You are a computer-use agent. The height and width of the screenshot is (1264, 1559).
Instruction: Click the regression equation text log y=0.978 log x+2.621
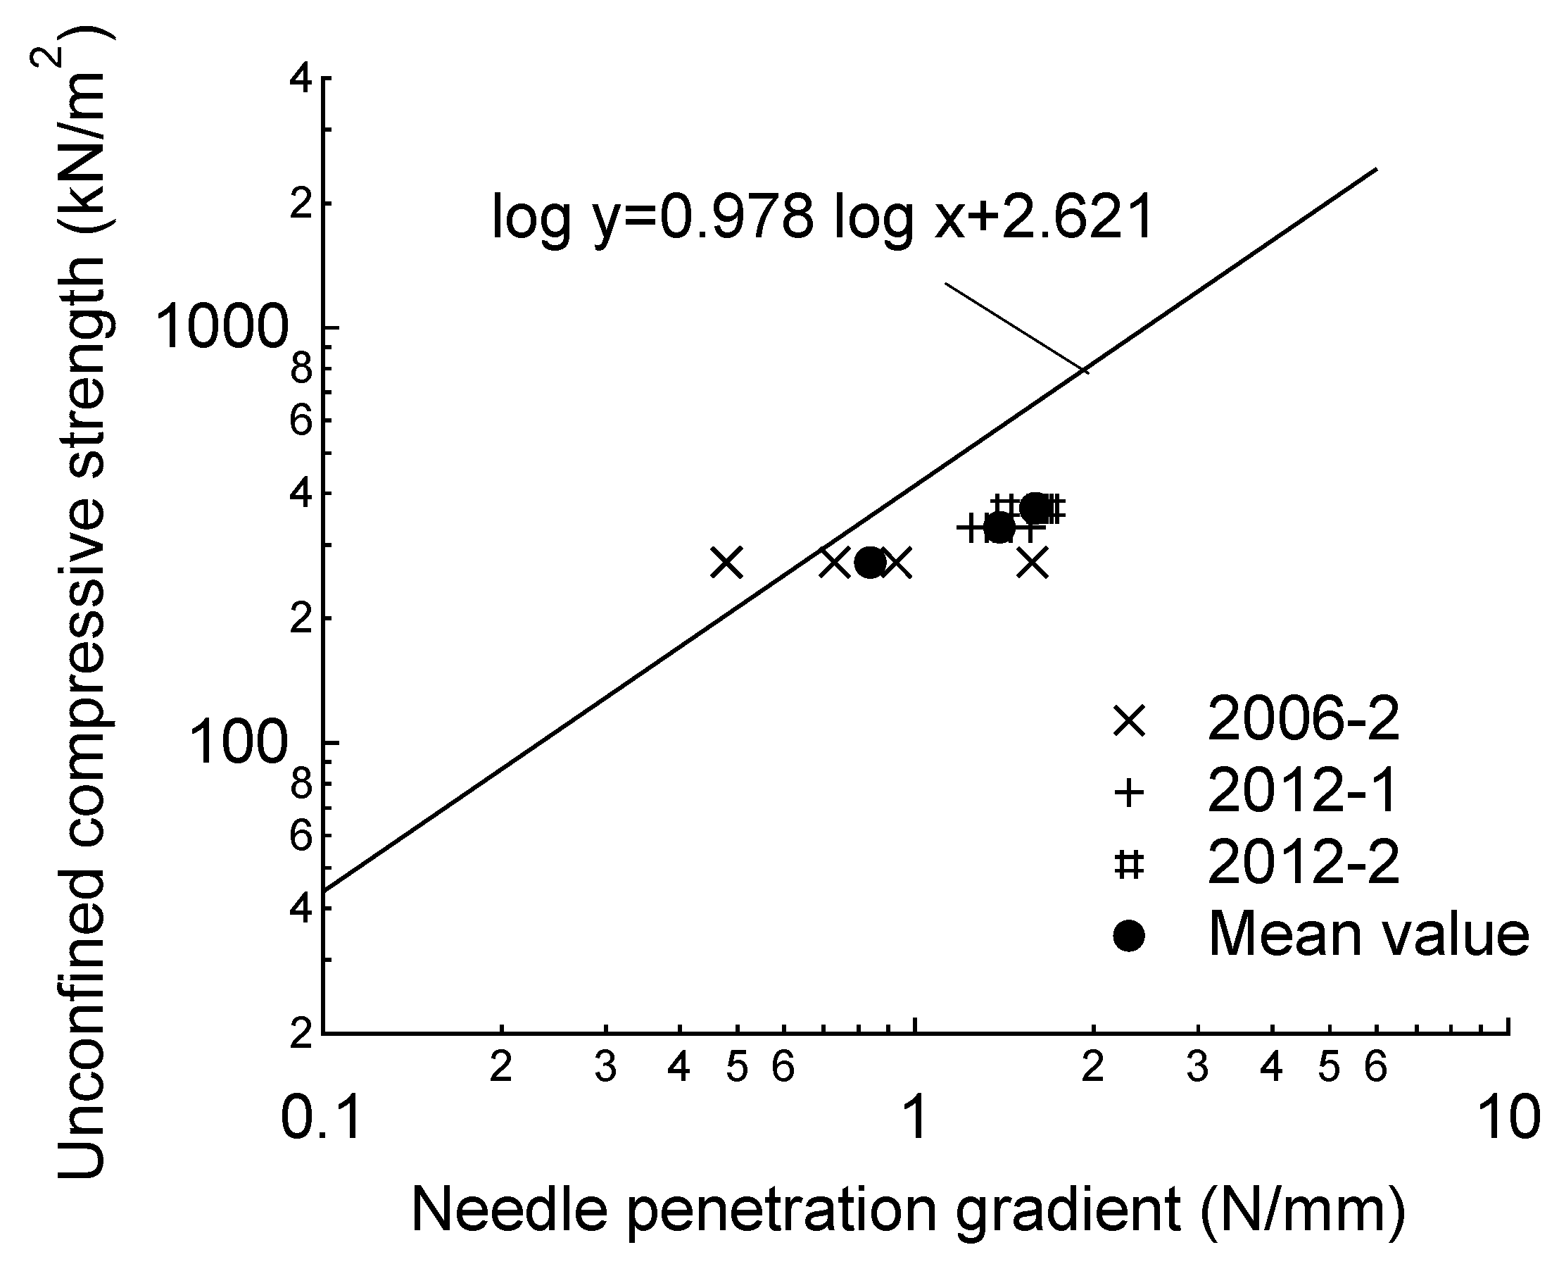[823, 217]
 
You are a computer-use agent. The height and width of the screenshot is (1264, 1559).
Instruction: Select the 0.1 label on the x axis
[321, 1118]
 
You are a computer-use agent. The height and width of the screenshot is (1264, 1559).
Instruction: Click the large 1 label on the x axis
[914, 1118]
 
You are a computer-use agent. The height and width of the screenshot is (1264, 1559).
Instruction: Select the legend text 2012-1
[1303, 791]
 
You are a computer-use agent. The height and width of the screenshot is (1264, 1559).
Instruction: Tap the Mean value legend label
[1368, 935]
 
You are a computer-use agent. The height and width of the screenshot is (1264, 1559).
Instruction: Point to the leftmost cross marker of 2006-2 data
[726, 563]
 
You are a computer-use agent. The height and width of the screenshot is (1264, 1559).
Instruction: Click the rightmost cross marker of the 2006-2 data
[1032, 563]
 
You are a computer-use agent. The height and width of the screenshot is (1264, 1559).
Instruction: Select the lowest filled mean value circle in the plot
[871, 562]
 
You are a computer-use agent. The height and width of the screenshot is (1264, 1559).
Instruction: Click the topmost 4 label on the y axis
[301, 78]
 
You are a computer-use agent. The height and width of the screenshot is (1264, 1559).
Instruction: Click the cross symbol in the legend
[1129, 722]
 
